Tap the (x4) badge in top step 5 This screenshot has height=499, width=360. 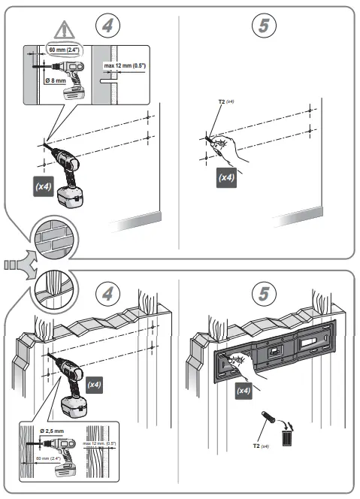tap(226, 178)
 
